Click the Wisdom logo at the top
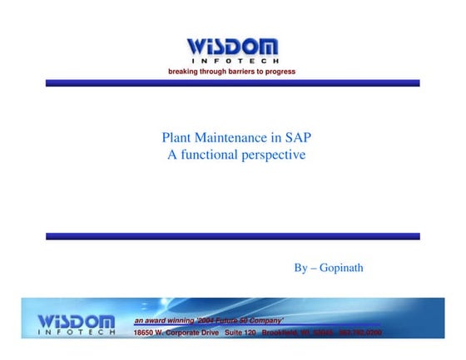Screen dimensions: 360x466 (x=232, y=47)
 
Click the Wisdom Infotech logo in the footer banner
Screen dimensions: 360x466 (x=77, y=324)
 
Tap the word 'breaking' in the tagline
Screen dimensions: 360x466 (x=184, y=72)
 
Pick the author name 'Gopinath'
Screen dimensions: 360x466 (x=342, y=268)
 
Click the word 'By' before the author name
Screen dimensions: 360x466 (x=301, y=268)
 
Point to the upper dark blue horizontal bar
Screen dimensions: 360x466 (x=232, y=83)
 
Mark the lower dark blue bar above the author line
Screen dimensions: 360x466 (x=232, y=236)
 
